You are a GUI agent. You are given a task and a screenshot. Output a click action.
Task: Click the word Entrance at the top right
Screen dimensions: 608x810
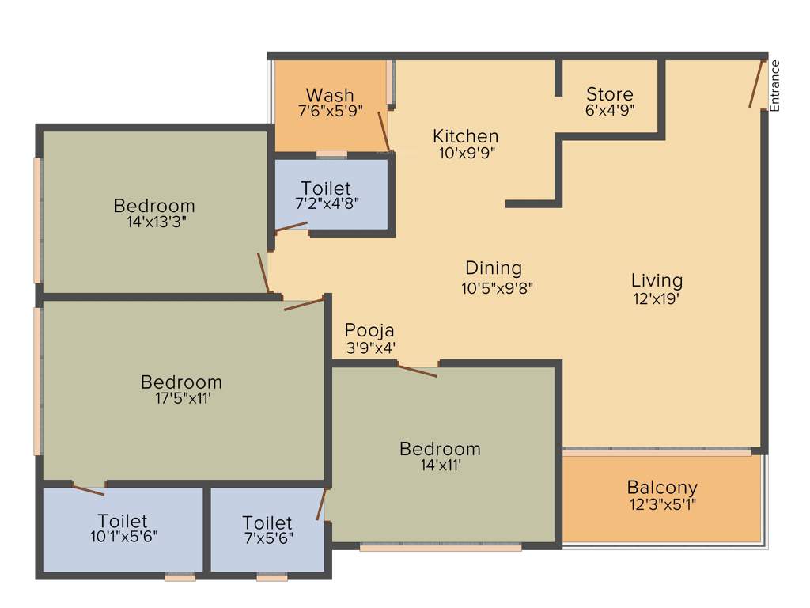coord(775,85)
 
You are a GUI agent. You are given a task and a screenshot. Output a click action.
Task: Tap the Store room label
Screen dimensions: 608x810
coord(609,94)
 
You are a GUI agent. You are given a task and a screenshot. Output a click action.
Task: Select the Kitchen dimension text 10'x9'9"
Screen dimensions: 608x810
coord(466,153)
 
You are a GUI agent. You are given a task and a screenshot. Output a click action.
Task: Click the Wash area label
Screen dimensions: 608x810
coord(330,96)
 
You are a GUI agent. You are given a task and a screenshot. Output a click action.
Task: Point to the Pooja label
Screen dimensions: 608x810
coord(369,330)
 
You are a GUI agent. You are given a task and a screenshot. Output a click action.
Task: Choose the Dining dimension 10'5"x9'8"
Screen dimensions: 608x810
coord(498,288)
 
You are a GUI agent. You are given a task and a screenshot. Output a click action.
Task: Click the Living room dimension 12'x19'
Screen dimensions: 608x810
coord(657,299)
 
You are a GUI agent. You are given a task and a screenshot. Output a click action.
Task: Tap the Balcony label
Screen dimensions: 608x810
coord(662,488)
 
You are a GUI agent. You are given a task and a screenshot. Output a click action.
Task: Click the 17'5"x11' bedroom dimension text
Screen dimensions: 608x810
coord(181,399)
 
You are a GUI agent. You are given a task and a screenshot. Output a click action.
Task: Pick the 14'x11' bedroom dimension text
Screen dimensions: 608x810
coord(440,465)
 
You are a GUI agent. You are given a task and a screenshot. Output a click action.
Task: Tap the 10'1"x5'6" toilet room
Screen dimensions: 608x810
coord(123,528)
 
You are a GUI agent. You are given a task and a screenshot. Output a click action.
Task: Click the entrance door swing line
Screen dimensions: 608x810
coord(756,82)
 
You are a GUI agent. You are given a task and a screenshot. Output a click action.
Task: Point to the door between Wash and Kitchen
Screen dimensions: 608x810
coord(384,131)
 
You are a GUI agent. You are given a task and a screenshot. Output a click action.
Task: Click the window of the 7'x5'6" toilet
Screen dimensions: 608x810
coord(272,578)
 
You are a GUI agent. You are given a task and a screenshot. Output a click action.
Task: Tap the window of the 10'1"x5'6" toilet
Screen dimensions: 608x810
coord(180,578)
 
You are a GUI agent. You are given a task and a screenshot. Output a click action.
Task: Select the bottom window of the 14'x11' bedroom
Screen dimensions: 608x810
coord(440,547)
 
